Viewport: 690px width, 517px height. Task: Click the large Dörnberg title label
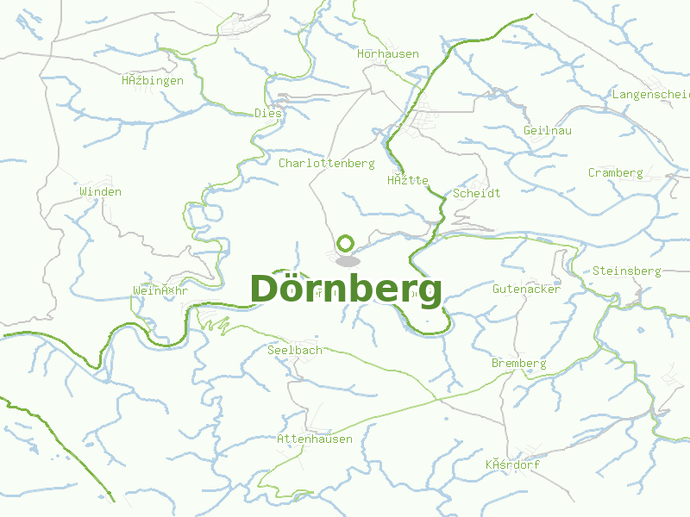pos(346,290)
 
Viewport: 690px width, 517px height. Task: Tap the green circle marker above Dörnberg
pos(346,244)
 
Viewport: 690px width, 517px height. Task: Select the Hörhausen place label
pos(388,53)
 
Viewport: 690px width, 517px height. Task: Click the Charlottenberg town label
pos(326,163)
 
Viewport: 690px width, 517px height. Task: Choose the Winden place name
pos(101,191)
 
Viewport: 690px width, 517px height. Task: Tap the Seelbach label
pos(295,350)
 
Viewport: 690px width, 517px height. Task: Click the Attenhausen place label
pos(315,439)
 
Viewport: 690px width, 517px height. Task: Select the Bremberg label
pos(518,363)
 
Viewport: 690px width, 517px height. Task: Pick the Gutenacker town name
pos(526,289)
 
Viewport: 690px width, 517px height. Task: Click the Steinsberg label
pos(626,271)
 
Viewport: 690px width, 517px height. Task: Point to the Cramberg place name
pos(616,172)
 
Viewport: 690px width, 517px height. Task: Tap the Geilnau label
pos(548,130)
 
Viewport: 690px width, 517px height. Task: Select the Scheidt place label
pos(477,193)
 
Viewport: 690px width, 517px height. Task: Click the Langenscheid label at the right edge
pos(651,93)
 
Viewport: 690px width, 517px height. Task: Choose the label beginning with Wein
pos(160,290)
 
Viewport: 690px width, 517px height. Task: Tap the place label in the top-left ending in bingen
pos(153,80)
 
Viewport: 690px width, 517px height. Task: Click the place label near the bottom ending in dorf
pos(512,464)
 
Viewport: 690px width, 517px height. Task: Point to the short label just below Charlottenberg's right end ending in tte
pos(408,180)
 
